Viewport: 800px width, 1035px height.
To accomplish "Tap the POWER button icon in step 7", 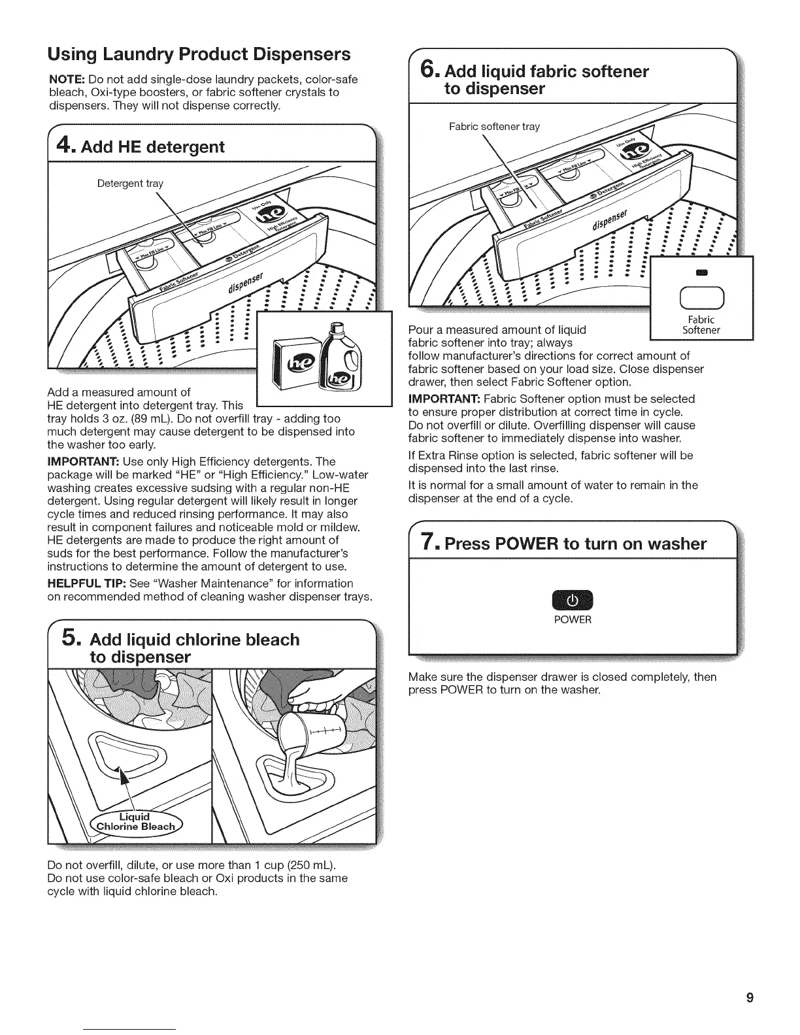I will pos(572,599).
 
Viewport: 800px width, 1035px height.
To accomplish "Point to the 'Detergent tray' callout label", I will pos(130,184).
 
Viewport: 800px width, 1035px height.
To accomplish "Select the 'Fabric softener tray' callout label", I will pos(494,127).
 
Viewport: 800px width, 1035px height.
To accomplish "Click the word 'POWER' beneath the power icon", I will pos(572,619).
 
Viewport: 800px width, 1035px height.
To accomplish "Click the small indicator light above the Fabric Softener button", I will pos(701,272).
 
